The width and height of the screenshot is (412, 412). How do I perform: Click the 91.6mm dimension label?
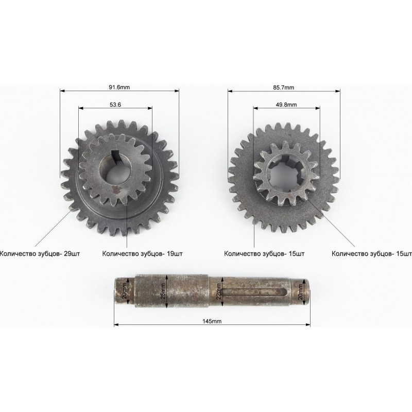coord(119,87)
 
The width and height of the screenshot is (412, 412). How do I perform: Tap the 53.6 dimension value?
coord(115,105)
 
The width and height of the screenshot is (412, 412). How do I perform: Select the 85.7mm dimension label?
coord(284,87)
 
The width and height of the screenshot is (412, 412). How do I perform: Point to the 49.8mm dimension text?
coord(286,105)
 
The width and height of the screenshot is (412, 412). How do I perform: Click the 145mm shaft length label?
coord(212,321)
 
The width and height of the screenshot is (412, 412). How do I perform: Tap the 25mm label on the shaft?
coord(163,291)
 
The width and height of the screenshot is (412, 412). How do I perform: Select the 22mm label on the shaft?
coord(218,291)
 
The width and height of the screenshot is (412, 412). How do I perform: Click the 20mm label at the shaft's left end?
coord(125,291)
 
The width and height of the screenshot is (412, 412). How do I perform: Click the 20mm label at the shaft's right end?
coord(300,291)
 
